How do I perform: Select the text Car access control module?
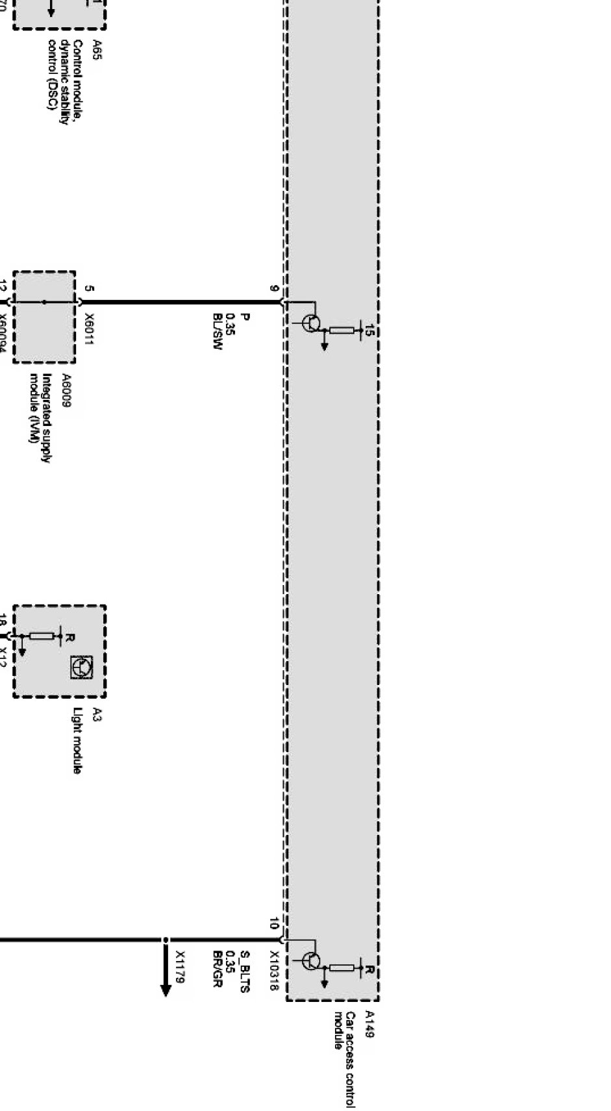tap(345, 1058)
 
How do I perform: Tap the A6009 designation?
tap(66, 390)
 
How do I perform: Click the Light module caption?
tap(77, 740)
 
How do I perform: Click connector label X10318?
tap(274, 971)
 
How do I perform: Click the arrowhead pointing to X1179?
tap(166, 990)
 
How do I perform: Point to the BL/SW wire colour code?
tap(218, 331)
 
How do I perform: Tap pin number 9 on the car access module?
tap(275, 289)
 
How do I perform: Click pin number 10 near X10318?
tap(274, 923)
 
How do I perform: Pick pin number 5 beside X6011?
tap(89, 289)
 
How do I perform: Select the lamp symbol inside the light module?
tap(82, 667)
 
